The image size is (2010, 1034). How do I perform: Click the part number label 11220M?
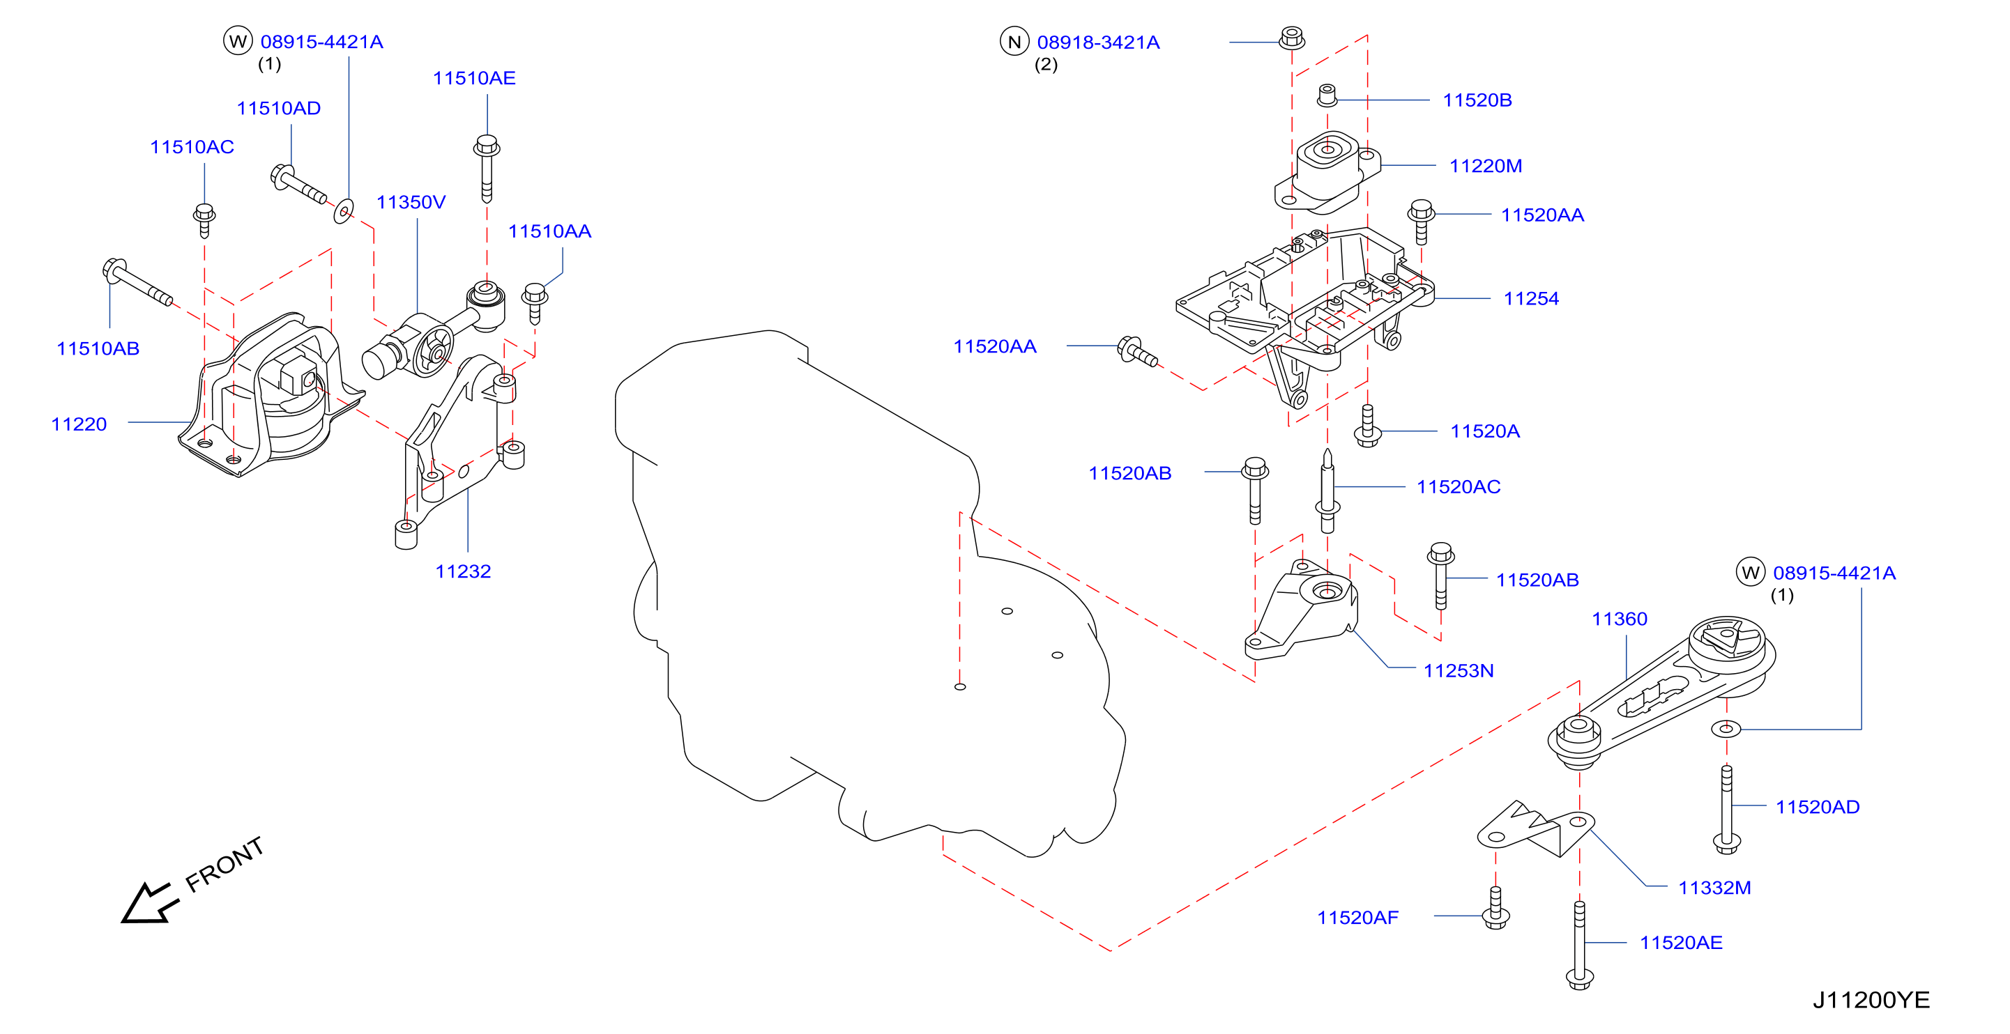point(1485,166)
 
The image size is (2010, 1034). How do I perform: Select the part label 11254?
point(1531,299)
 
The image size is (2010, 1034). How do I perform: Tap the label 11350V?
point(411,203)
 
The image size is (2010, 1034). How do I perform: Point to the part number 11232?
point(463,571)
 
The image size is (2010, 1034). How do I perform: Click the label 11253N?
point(1459,670)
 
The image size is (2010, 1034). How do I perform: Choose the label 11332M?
point(1714,888)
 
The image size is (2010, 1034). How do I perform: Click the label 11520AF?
point(1357,918)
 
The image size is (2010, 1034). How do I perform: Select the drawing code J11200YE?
point(1871,1000)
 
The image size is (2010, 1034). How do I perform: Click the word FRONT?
point(224,864)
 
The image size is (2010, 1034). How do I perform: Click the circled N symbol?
point(1014,42)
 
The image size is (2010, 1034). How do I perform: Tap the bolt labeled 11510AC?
point(204,220)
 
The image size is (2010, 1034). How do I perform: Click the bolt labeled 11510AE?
point(487,169)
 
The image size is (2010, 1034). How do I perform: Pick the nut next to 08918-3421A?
point(1291,38)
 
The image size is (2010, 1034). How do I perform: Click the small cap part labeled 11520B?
point(1327,96)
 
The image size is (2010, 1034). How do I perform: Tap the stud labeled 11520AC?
point(1327,491)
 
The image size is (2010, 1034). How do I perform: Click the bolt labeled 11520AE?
point(1579,945)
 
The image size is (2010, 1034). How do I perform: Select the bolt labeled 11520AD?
point(1726,809)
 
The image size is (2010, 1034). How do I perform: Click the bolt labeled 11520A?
point(1367,426)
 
